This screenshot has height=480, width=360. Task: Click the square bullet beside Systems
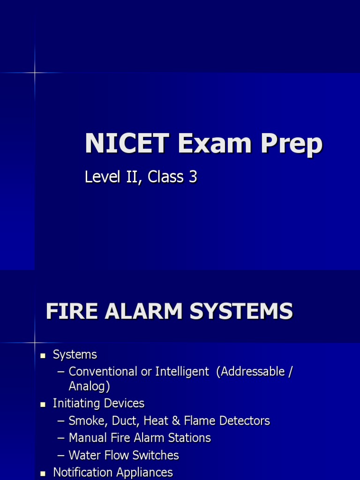[43, 356]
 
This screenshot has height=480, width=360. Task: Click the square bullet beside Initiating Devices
[43, 404]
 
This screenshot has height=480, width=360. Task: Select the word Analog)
[90, 387]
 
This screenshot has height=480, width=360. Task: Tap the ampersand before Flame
[176, 421]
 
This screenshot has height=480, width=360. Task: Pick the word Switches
[157, 455]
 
